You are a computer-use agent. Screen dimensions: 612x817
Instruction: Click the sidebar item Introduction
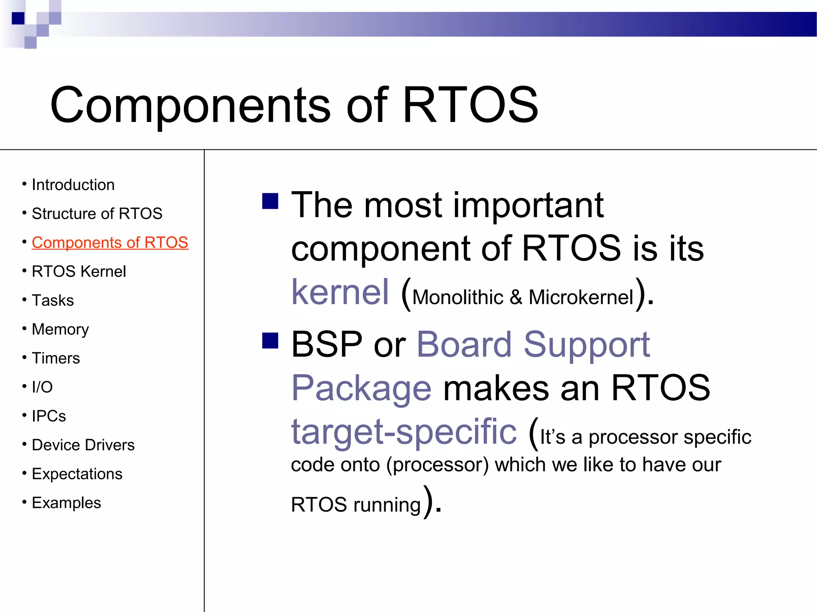(73, 185)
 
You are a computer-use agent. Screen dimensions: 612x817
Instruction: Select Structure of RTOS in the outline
(97, 214)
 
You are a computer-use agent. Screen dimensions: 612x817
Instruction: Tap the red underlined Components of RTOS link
(110, 243)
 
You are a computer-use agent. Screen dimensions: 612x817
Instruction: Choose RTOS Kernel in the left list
(79, 271)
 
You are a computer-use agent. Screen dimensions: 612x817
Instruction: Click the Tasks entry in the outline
(53, 300)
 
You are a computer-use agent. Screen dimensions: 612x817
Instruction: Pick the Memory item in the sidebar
(60, 330)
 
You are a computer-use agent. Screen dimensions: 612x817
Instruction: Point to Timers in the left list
(56, 358)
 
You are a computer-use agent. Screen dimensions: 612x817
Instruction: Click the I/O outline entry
(42, 387)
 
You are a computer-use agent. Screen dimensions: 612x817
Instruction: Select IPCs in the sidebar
(49, 416)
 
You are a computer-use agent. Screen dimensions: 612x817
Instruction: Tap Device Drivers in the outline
(83, 445)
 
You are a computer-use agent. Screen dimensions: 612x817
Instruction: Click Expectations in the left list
(77, 474)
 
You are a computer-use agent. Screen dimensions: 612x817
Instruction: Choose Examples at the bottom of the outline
(66, 503)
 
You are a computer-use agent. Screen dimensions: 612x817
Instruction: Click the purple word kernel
(340, 292)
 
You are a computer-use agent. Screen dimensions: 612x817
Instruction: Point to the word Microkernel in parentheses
(581, 297)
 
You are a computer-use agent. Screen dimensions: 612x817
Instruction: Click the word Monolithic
(458, 297)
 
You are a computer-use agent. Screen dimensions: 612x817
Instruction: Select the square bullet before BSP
(270, 341)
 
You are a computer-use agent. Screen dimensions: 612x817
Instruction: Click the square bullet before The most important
(270, 201)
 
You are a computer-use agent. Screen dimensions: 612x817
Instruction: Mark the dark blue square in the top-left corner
(18, 18)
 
